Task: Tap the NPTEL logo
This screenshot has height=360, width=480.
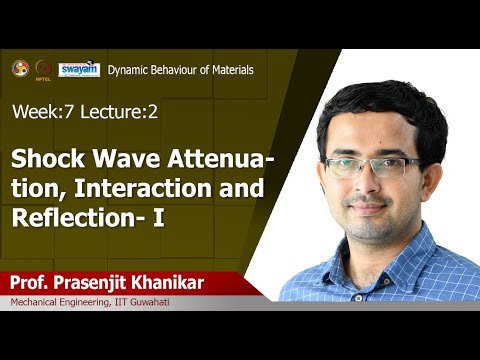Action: [x=43, y=69]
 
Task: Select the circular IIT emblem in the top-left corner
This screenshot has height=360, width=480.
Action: [x=18, y=68]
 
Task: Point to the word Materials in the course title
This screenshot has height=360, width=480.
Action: [x=227, y=70]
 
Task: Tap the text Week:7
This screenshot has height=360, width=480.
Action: [x=40, y=112]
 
